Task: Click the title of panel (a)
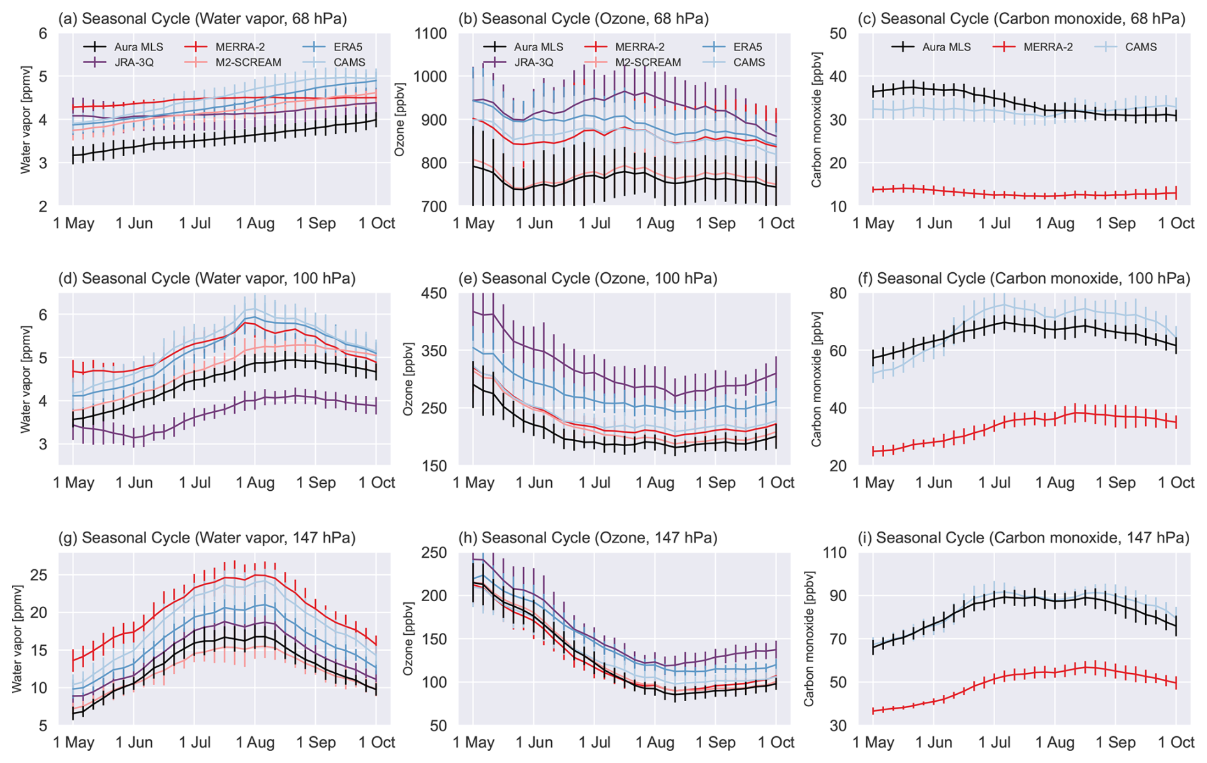202,18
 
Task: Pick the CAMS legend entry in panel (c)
1141,47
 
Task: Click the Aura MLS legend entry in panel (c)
946,47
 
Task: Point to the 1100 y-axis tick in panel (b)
431,33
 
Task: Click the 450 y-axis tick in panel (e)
436,293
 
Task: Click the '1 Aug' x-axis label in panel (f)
1055,483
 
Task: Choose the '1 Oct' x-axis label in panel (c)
1176,223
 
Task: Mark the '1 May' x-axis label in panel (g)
73,743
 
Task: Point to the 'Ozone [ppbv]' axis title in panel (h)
408,639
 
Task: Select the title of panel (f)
1033,279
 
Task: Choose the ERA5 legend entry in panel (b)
748,47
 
